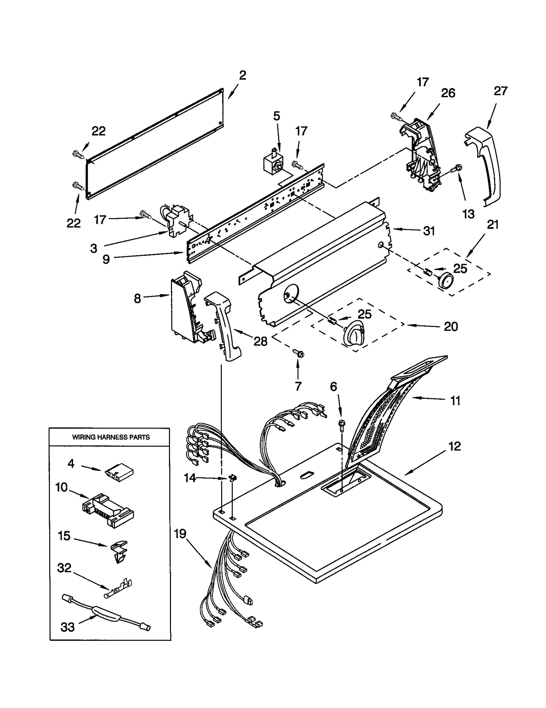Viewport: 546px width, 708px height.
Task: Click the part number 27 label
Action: (501, 91)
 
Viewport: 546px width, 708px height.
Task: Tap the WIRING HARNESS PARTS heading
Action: (111, 437)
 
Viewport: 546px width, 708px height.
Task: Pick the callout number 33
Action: (68, 627)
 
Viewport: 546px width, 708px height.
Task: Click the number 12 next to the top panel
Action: (455, 446)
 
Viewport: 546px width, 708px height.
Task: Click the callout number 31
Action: (429, 231)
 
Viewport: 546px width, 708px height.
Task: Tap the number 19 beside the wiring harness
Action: (180, 533)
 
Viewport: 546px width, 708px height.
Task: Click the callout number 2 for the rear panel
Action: (243, 75)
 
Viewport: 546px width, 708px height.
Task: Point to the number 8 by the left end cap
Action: (137, 299)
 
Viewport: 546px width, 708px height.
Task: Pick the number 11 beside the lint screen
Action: (455, 401)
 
